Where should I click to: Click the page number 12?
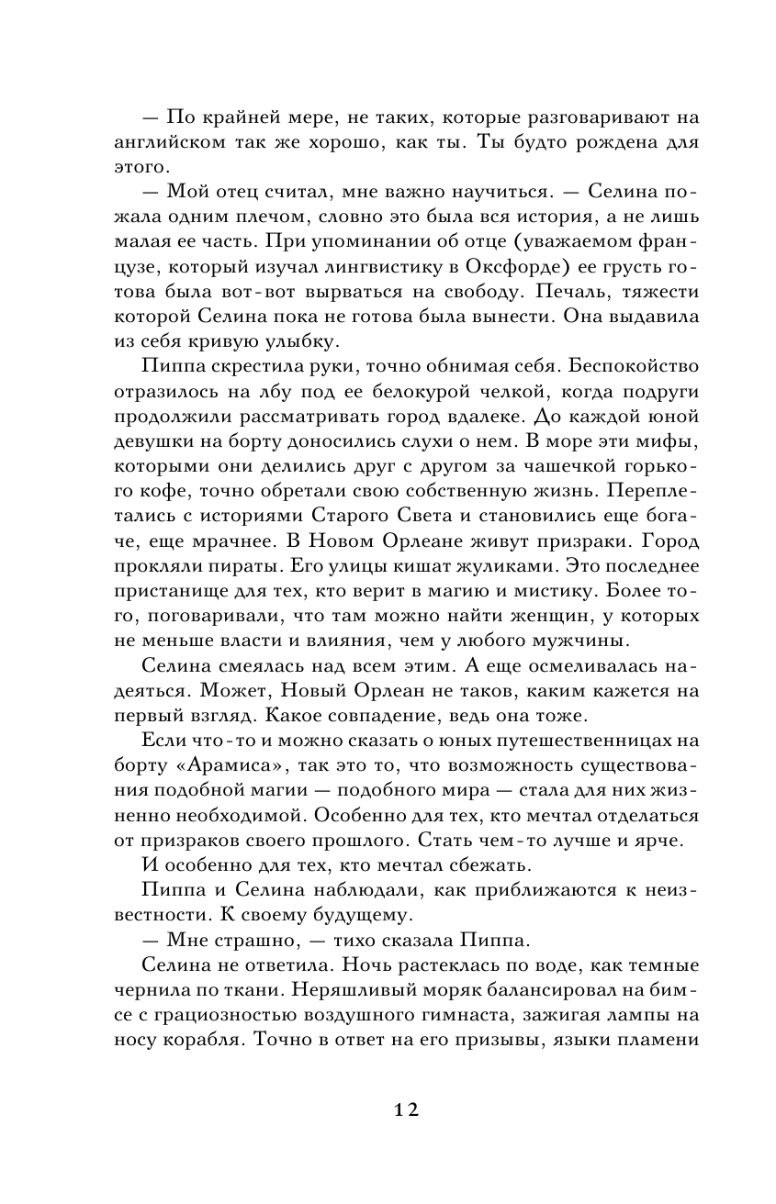406,1109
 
